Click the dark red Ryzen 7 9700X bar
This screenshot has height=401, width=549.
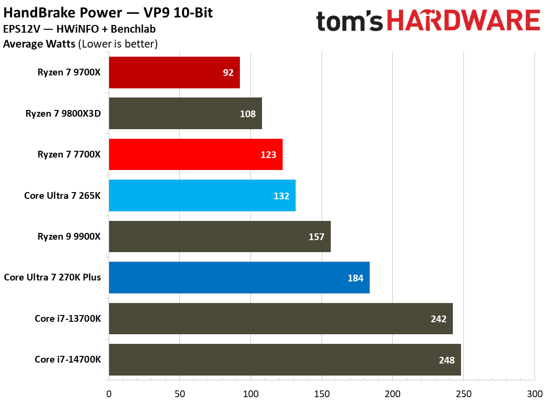tap(174, 73)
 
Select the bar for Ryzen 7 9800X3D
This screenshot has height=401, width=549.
tap(185, 113)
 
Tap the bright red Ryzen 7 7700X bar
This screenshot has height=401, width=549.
tap(196, 154)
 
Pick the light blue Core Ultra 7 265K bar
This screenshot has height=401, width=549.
tap(202, 195)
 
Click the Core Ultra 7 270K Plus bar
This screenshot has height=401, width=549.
tap(239, 278)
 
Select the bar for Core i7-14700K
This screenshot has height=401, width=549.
tap(285, 360)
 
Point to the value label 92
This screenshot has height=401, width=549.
tap(228, 73)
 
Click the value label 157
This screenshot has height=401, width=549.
tap(317, 237)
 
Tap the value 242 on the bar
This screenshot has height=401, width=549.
tap(439, 319)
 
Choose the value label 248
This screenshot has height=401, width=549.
tap(447, 360)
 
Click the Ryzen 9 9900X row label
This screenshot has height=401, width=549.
tap(69, 237)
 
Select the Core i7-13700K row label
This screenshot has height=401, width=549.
tap(68, 319)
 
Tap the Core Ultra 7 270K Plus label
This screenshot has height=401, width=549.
tap(52, 278)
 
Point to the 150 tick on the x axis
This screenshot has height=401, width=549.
tap(322, 393)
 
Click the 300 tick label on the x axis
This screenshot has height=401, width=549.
tap(534, 393)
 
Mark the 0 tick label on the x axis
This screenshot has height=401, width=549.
tap(109, 393)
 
